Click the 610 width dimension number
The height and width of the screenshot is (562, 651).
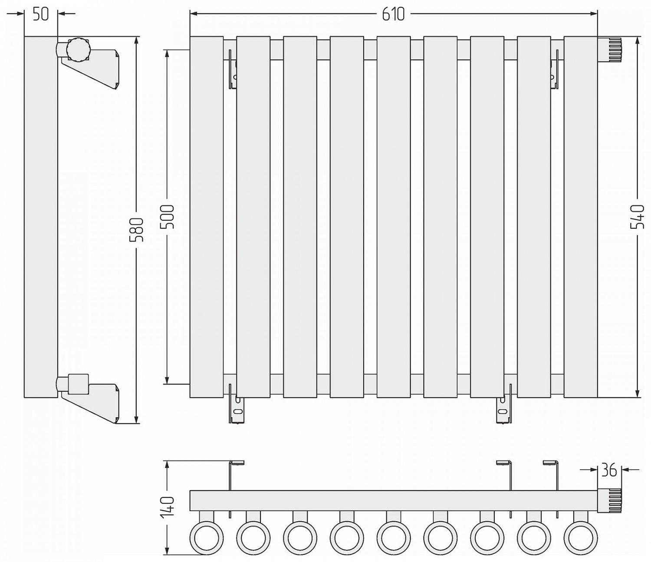coord(393,14)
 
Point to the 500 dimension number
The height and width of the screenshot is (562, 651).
coord(167,217)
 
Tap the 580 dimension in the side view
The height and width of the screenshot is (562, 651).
coord(137,229)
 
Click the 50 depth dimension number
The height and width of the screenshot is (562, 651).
coord(41,14)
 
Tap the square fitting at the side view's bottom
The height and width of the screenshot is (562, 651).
coord(79,384)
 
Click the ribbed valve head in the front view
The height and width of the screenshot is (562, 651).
coord(610,50)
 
